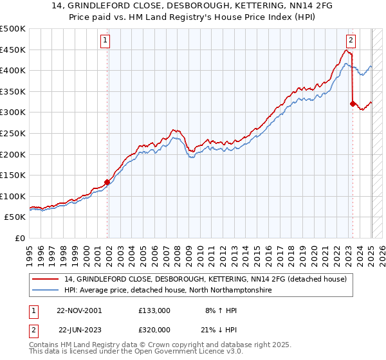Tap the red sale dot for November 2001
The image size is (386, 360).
tap(107, 181)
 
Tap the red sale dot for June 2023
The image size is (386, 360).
tap(353, 103)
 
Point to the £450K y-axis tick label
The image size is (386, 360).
tap(13, 50)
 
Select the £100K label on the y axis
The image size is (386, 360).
tap(13, 196)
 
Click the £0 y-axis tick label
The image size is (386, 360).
tap(20, 238)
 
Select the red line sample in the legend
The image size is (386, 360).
tap(46, 279)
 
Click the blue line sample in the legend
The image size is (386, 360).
tap(46, 291)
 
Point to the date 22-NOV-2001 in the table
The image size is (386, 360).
tap(79, 310)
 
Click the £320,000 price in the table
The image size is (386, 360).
tap(154, 329)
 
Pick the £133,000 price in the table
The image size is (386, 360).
tap(154, 310)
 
